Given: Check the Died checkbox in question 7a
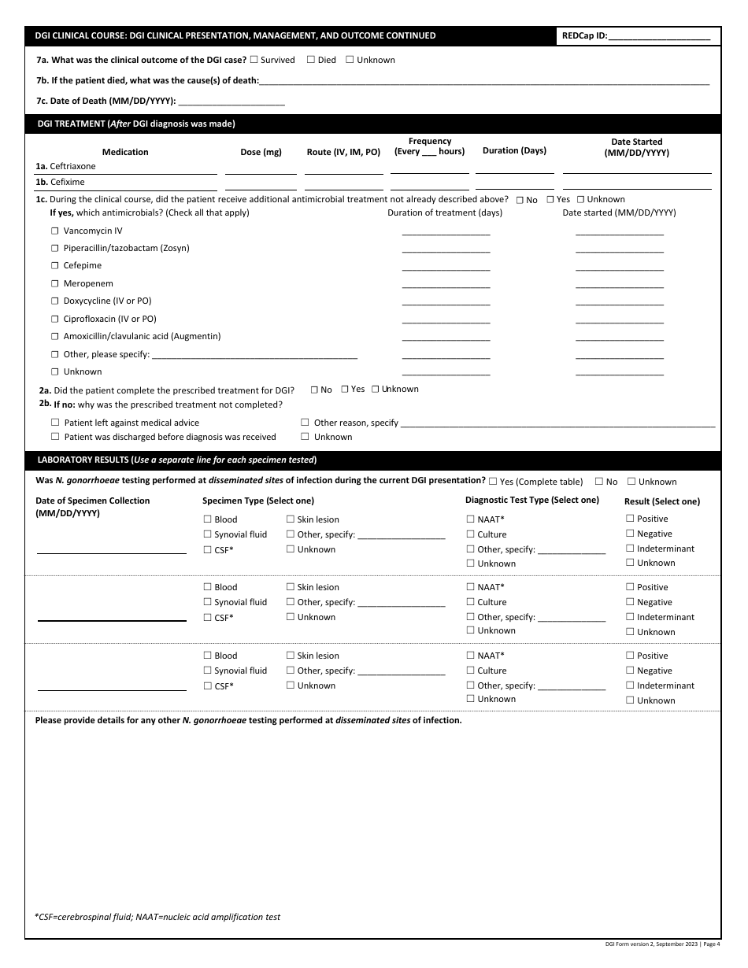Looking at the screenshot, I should click(x=310, y=60).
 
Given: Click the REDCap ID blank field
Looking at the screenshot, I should click(x=659, y=36).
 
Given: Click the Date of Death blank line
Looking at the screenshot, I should click(x=231, y=102).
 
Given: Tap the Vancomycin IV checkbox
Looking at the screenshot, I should click(x=55, y=231).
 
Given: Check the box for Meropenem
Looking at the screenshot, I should click(x=55, y=283).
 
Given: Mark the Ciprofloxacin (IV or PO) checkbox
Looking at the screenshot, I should click(x=55, y=319).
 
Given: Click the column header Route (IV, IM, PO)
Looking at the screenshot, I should click(x=343, y=152).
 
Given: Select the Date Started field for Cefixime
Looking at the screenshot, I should click(x=636, y=183).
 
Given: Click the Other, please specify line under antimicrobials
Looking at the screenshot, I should click(x=254, y=356).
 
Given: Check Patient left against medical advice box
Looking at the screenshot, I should click(x=55, y=423).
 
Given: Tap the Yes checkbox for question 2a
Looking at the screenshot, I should click(x=344, y=389).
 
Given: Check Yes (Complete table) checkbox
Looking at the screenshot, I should click(x=493, y=481).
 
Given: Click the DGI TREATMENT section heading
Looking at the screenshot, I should click(x=136, y=124).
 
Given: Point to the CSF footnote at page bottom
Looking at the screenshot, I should click(x=157, y=917).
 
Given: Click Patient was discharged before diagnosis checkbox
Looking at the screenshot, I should click(x=55, y=437).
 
